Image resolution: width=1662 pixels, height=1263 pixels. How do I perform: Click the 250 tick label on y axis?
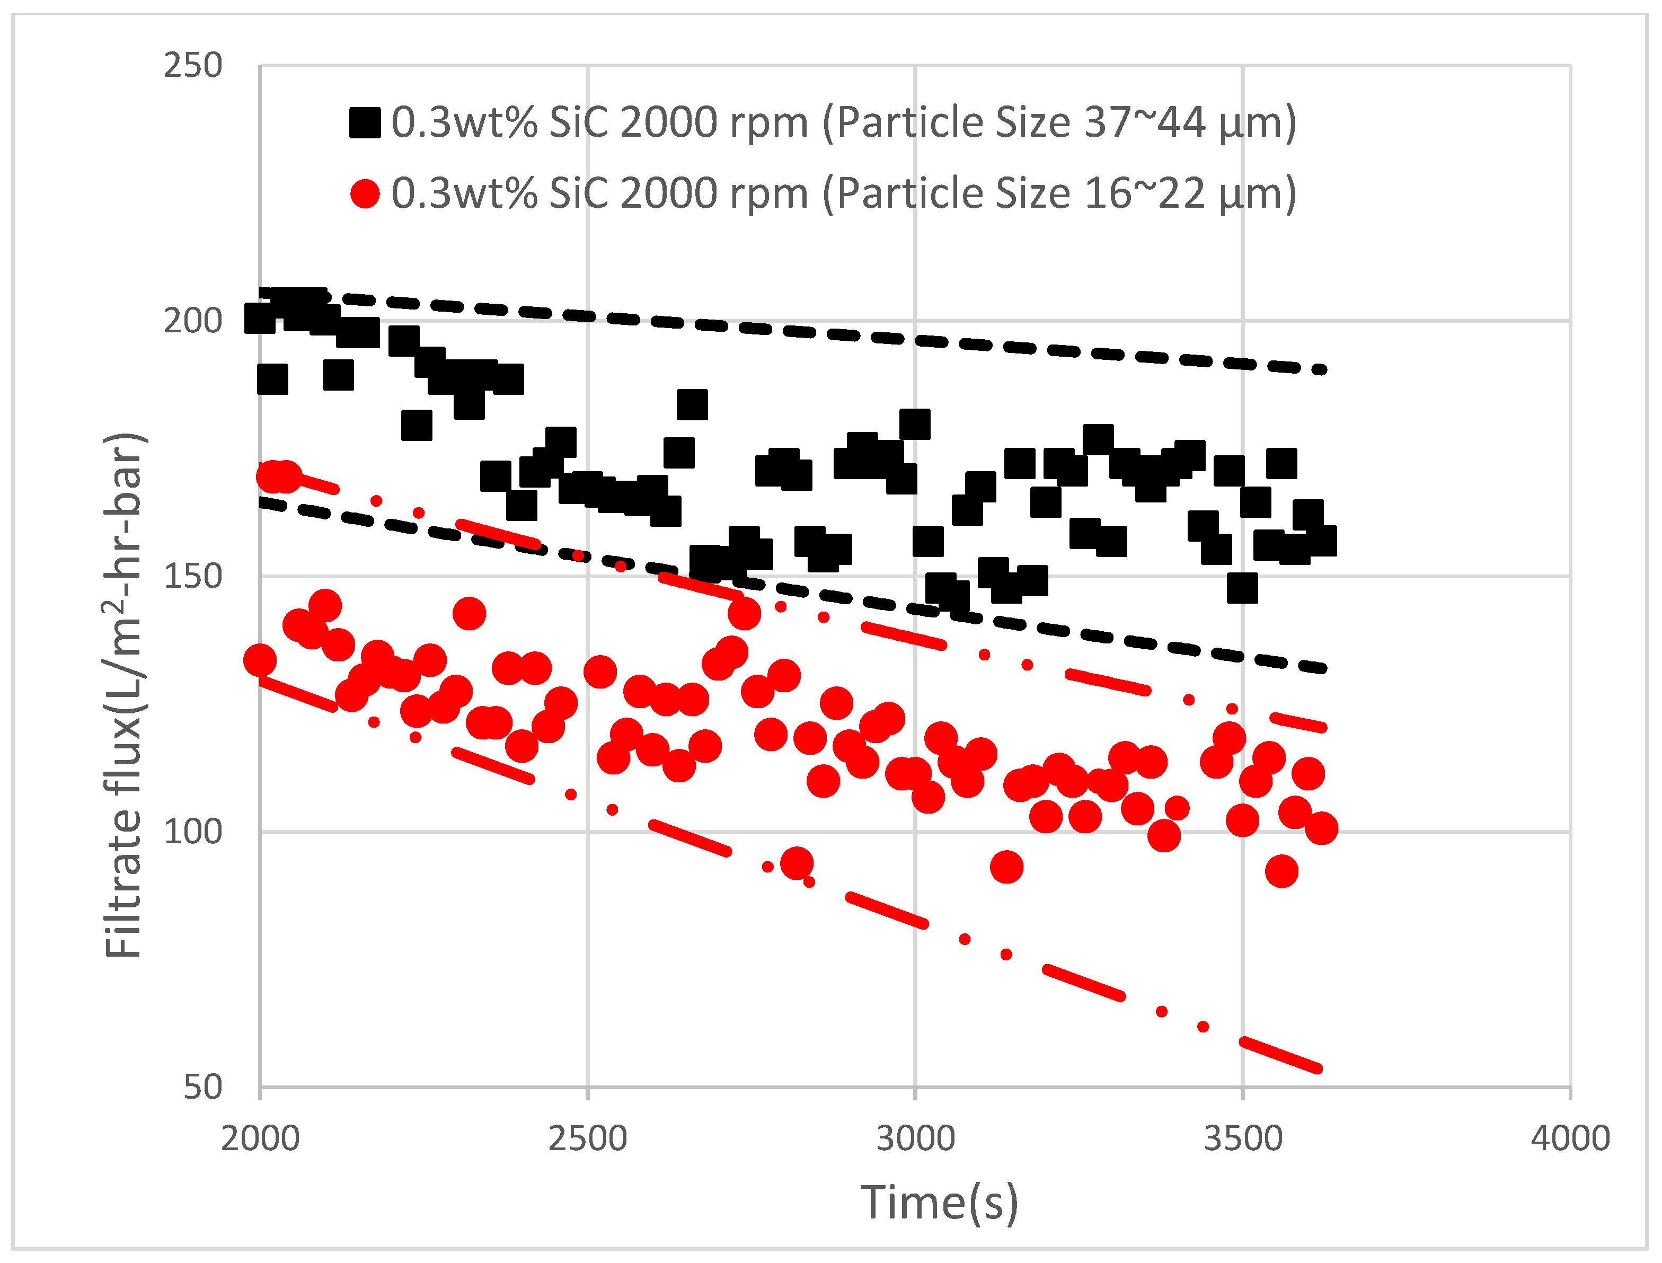[x=193, y=66]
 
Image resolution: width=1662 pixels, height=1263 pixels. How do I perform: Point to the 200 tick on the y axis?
[x=193, y=322]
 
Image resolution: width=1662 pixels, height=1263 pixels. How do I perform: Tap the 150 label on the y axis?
[x=193, y=577]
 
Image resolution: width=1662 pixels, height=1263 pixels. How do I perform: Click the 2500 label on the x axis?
[x=588, y=1139]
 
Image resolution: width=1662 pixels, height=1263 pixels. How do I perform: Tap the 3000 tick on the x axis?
[x=916, y=1139]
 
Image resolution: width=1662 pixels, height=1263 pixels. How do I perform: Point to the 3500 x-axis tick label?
[x=1243, y=1139]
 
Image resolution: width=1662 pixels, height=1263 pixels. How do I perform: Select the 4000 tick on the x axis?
[x=1570, y=1139]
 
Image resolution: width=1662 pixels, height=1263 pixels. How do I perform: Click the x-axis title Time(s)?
[x=940, y=1203]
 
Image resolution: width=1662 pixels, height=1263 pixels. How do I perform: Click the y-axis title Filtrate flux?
[x=124, y=695]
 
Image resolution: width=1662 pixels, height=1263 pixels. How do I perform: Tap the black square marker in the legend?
[x=365, y=122]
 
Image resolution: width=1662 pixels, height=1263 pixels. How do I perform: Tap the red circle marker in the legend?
[x=365, y=194]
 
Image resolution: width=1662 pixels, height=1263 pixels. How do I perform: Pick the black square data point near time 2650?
[x=692, y=404]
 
